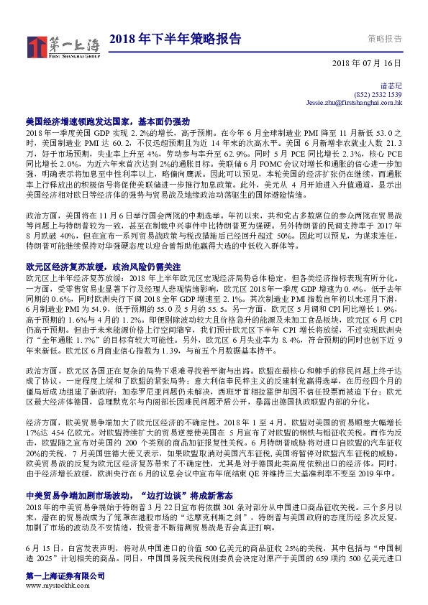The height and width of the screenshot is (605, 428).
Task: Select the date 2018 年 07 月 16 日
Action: pos(366,64)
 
